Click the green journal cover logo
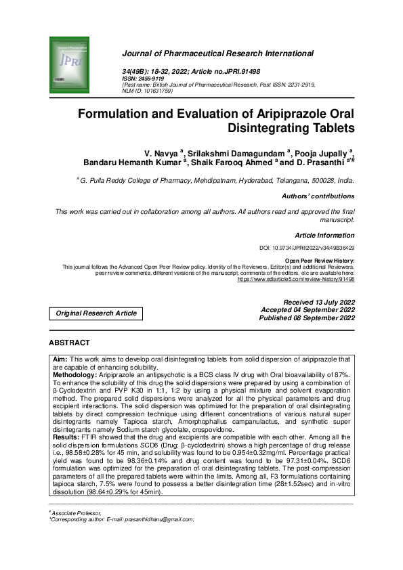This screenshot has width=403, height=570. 70,66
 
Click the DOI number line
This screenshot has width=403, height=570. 307,249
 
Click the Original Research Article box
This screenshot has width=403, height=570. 96,313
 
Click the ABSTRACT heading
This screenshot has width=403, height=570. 69,343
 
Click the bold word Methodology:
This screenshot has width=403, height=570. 75,373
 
